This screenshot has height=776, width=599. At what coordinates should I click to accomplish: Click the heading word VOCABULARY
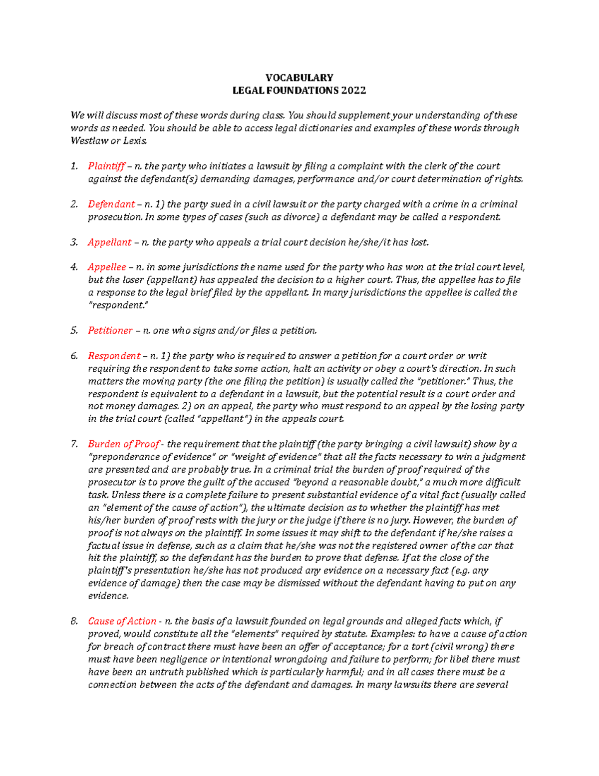coord(299,77)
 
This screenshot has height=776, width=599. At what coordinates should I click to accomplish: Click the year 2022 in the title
coord(353,90)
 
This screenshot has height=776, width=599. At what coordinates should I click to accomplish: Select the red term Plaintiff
coord(106,166)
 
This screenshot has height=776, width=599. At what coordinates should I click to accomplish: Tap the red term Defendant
coord(111,204)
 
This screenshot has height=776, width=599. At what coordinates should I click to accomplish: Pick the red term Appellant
coord(109,242)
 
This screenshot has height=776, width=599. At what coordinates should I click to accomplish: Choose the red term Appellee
coord(107,267)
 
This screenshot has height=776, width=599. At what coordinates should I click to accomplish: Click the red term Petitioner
coord(110,330)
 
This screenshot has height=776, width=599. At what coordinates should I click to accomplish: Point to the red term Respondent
coord(114,356)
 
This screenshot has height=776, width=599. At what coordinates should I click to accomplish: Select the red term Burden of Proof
coord(123,444)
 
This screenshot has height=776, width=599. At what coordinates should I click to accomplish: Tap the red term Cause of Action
coord(122,621)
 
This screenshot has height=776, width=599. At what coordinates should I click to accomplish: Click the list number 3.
coord(74,242)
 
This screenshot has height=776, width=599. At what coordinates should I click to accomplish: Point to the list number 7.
coord(74,444)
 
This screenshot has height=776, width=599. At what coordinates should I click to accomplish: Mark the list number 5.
coord(74,330)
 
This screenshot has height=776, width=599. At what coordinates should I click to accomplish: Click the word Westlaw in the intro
coord(89,141)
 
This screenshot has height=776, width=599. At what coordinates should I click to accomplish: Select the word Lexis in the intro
coord(136,141)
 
